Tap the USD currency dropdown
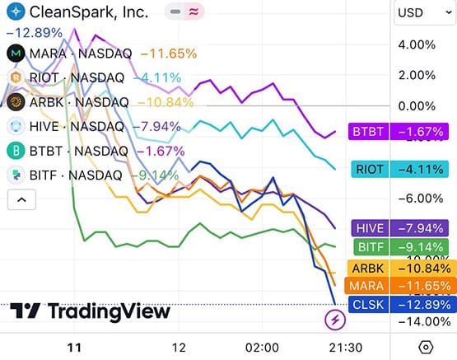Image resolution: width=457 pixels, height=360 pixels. tap(422, 12)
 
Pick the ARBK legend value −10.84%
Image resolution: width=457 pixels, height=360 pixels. tap(169, 102)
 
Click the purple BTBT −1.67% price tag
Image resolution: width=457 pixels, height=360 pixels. tap(399, 131)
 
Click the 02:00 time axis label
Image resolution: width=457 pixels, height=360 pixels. tap(263, 347)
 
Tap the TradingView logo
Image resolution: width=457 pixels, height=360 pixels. tap(95, 311)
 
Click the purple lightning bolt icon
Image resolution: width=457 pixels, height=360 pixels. tap(335, 318)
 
